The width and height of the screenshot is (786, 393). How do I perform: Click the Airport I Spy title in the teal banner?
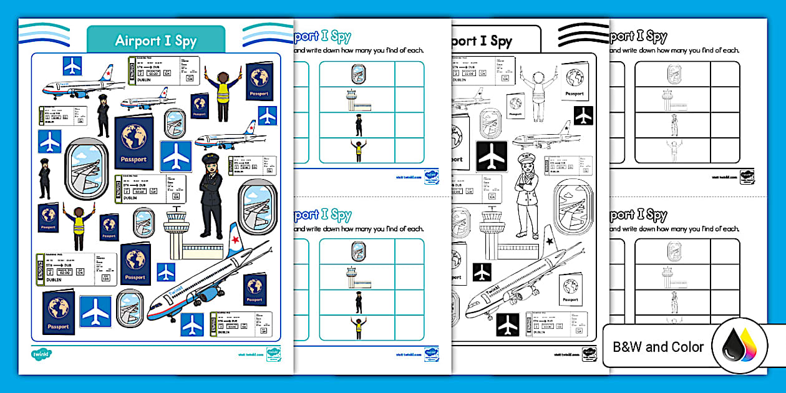point(155,41)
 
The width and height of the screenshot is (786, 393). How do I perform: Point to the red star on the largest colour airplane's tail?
point(236,240)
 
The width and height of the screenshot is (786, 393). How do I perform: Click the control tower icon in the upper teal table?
point(357,100)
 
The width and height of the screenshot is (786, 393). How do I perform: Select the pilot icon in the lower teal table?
point(357,302)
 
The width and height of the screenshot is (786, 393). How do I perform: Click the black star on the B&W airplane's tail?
point(550,241)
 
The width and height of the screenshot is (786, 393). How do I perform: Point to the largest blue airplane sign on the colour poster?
point(176,156)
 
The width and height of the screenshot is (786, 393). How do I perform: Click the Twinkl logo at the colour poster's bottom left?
point(41,354)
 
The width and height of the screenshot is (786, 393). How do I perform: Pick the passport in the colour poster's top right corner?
point(258,81)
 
